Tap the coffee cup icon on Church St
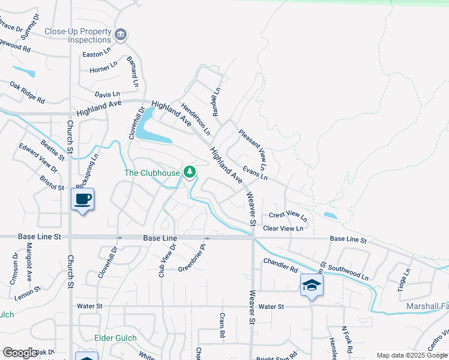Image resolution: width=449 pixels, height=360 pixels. pyautogui.click(x=82, y=199)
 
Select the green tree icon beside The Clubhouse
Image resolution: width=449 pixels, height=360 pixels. pyautogui.click(x=190, y=173)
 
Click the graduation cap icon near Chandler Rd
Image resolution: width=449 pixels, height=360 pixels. pyautogui.click(x=312, y=285)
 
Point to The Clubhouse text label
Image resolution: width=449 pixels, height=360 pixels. pyautogui.click(x=152, y=173)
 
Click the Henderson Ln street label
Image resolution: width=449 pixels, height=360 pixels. pyautogui.click(x=196, y=118)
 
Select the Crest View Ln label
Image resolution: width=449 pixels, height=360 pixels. pyautogui.click(x=288, y=215)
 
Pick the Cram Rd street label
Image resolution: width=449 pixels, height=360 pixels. pyautogui.click(x=221, y=324)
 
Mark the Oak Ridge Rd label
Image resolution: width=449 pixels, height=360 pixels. pyautogui.click(x=28, y=92)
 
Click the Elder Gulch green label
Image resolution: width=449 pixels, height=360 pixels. pyautogui.click(x=116, y=338)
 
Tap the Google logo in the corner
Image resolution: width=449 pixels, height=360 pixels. pyautogui.click(x=19, y=353)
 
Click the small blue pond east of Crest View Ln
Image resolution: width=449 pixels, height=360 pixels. pyautogui.click(x=330, y=215)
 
